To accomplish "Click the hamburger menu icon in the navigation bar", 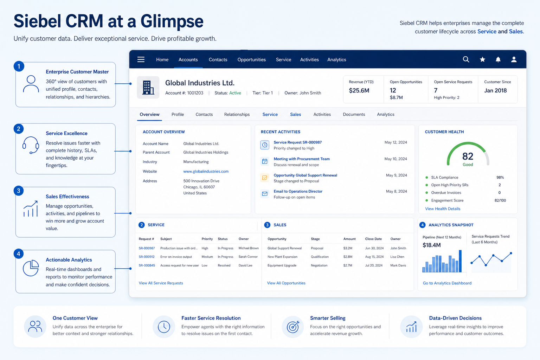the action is pyautogui.click(x=141, y=59).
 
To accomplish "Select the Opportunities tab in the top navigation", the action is pyautogui.click(x=251, y=59).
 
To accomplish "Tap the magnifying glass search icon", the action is pyautogui.click(x=466, y=59).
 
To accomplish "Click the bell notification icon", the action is pyautogui.click(x=498, y=59).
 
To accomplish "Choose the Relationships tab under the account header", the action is pyautogui.click(x=237, y=114).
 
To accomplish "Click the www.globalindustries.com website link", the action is pyautogui.click(x=206, y=171).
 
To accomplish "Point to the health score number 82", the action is pyautogui.click(x=468, y=156).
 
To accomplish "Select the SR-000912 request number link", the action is pyautogui.click(x=147, y=257).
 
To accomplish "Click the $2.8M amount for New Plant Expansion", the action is pyautogui.click(x=348, y=257).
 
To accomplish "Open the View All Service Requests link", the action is pyautogui.click(x=161, y=283).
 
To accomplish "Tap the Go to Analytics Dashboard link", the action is pyautogui.click(x=447, y=283).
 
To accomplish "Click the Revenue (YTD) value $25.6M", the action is pyautogui.click(x=359, y=90).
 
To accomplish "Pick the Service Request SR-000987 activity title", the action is pyautogui.click(x=297, y=142).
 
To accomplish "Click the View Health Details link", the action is pyautogui.click(x=442, y=208).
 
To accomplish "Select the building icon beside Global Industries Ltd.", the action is pyautogui.click(x=148, y=87).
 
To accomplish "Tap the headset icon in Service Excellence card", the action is pyautogui.click(x=31, y=145).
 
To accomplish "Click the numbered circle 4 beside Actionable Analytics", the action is pyautogui.click(x=19, y=254).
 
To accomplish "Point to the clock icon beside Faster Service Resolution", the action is pyautogui.click(x=164, y=327).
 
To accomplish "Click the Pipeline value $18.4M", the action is pyautogui.click(x=431, y=245).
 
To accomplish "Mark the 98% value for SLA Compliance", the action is pyautogui.click(x=500, y=178).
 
